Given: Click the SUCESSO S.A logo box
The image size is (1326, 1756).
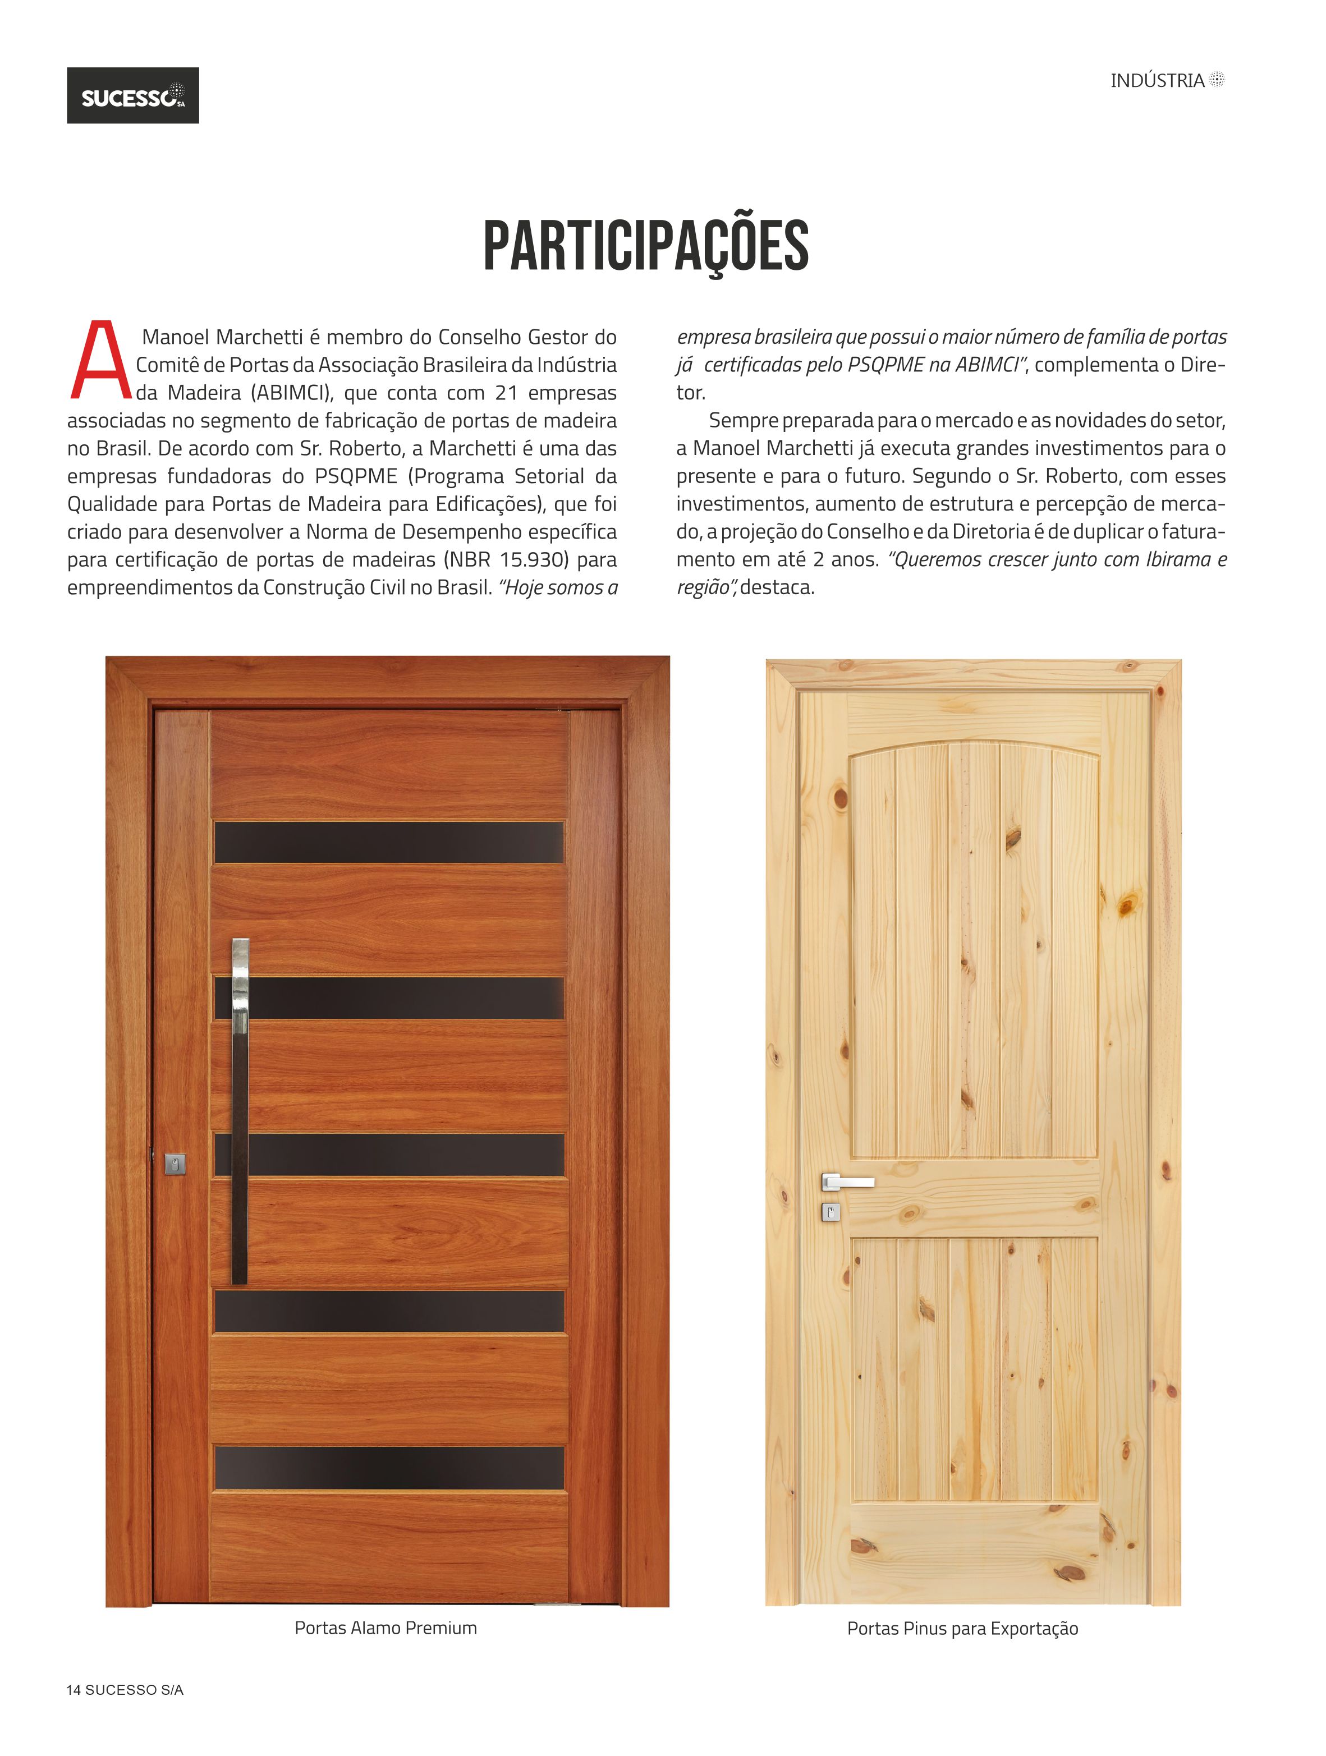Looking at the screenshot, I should (x=132, y=95).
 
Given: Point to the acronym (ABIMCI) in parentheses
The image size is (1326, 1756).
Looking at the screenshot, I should (x=291, y=393).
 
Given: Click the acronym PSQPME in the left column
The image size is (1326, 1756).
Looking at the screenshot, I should (x=356, y=476).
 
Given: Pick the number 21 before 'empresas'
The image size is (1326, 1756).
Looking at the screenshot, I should (x=507, y=393).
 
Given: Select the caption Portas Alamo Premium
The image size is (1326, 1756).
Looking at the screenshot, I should (x=386, y=1628).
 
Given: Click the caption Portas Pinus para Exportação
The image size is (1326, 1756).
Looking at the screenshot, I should (x=962, y=1628).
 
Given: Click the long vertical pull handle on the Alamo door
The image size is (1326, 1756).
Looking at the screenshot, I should (x=240, y=1111).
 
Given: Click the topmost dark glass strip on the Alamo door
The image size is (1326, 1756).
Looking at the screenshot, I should (x=389, y=842).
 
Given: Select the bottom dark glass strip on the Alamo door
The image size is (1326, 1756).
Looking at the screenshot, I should (x=389, y=1468).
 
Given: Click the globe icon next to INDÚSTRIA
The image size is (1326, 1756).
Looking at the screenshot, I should (x=1217, y=80).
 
